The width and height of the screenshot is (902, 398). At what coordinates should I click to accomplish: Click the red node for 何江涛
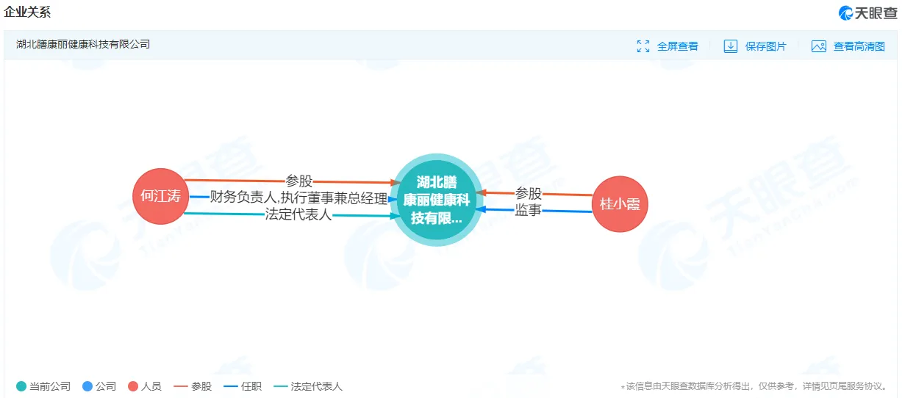coord(161,196)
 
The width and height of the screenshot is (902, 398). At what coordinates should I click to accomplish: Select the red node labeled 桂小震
coord(620,204)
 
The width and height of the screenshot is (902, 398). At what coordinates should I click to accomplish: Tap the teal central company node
coord(437,200)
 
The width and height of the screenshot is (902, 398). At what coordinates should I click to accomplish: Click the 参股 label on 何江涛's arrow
coord(298,181)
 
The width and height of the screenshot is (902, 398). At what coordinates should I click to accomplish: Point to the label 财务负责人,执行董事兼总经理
coord(298,198)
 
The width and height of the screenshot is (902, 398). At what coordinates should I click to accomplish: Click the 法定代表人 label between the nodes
coord(298,214)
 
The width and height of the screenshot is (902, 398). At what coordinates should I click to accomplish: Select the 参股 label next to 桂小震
coord(529,193)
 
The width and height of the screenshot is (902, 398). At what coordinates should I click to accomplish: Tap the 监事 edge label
coord(528,210)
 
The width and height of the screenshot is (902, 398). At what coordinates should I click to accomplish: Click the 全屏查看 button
coord(667,46)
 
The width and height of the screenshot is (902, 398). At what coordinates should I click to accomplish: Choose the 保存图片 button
coord(755,46)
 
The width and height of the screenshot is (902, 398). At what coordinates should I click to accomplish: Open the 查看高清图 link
coord(848,46)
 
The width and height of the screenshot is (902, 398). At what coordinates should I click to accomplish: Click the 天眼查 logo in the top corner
coord(867,13)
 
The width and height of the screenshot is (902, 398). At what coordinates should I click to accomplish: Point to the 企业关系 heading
coord(27,12)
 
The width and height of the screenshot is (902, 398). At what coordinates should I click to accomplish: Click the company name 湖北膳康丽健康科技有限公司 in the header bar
coord(83,44)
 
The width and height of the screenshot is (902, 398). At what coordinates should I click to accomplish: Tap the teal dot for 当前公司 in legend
coord(21,386)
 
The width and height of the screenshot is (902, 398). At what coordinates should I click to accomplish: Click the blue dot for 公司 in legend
coord(87,386)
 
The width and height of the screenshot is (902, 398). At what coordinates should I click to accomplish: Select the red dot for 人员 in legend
coord(133,386)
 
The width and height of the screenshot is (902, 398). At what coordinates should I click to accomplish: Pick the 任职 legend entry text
coord(251,386)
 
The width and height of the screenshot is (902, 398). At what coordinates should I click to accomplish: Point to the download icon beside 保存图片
coord(731,46)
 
